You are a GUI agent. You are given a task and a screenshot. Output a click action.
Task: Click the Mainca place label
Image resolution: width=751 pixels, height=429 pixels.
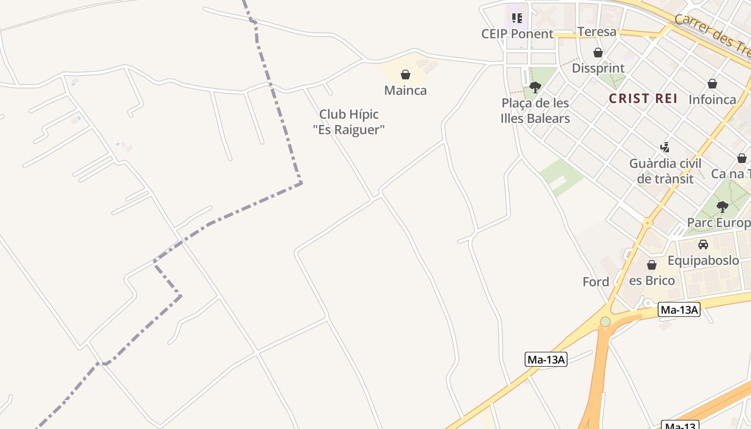406,90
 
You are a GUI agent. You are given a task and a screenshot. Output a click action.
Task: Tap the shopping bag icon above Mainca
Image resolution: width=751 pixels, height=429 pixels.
406,75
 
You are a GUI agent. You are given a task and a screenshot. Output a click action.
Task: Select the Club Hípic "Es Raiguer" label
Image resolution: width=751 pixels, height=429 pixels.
349,122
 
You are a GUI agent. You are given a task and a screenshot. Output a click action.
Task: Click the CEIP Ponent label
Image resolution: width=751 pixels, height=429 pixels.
517,34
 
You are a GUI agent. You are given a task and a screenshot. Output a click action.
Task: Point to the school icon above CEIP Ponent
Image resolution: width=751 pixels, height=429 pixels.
517,18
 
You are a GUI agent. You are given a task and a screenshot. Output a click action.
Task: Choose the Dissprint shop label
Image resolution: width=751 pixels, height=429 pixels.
598,68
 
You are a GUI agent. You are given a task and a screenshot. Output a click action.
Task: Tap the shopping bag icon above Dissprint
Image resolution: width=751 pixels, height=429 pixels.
598,53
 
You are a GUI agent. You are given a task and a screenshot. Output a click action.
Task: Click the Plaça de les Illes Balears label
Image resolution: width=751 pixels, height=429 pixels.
535,110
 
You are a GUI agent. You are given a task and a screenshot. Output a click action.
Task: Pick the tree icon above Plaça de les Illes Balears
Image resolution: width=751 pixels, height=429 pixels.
535,87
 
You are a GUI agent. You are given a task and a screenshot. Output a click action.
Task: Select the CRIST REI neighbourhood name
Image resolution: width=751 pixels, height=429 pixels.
643,98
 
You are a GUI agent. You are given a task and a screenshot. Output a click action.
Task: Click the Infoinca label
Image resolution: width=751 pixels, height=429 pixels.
712,99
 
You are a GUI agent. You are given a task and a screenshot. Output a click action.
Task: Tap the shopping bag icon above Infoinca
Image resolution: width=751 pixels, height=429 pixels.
712,84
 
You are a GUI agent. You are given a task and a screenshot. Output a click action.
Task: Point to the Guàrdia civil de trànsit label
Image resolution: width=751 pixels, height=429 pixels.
665,171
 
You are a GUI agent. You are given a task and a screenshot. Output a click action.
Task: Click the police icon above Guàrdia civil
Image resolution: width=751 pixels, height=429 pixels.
665,147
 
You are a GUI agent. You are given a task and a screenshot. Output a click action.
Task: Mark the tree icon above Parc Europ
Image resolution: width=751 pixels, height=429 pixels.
723,206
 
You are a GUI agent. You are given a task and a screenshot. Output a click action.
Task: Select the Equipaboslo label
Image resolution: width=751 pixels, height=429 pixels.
703,261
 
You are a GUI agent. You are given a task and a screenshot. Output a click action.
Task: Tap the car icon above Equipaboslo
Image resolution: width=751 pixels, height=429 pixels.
703,245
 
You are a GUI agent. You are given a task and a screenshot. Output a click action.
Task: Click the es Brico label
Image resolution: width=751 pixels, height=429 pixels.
652,280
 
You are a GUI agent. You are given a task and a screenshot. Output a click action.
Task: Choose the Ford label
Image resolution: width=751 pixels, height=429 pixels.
596,282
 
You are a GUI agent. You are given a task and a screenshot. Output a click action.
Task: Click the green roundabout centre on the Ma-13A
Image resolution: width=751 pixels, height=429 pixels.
606,321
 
